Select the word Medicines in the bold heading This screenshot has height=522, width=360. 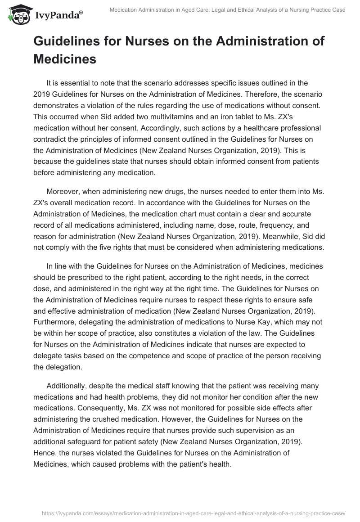point(65,58)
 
